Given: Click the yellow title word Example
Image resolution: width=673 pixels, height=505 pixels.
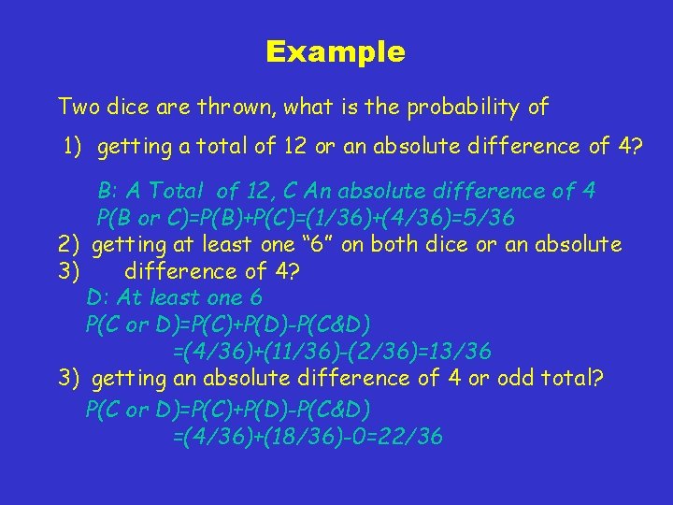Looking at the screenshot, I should click(x=336, y=51).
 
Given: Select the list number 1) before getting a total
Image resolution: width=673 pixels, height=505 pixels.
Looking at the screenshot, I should click(x=74, y=146).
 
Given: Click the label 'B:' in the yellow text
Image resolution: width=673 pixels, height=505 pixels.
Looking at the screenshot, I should click(x=108, y=191).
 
